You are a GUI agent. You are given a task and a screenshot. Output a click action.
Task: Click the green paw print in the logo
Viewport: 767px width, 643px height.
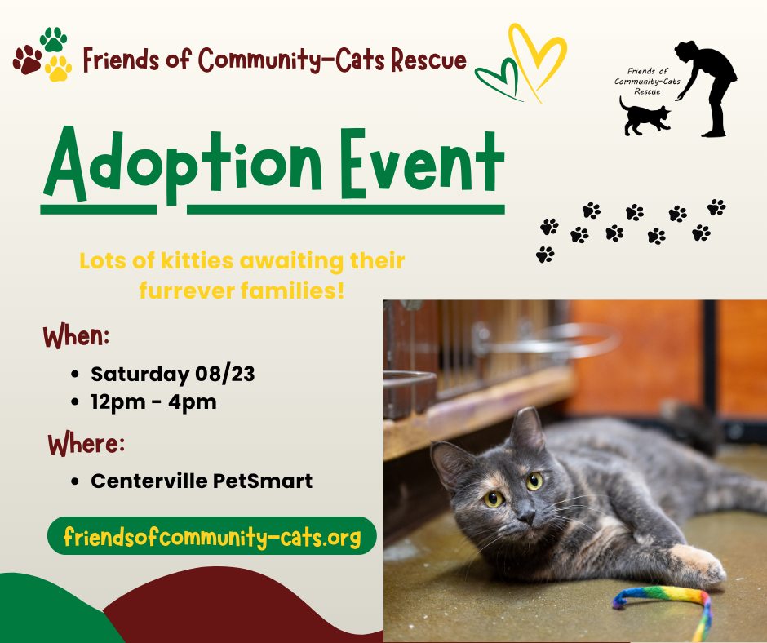(53, 40)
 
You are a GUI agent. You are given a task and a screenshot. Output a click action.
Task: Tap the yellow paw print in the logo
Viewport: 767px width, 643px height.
(58, 69)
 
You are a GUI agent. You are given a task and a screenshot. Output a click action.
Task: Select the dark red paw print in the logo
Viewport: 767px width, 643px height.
(28, 60)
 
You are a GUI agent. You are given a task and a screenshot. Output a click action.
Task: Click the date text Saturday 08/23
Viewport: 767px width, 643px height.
(173, 375)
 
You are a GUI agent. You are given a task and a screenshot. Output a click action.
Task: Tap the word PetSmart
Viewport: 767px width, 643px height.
(263, 481)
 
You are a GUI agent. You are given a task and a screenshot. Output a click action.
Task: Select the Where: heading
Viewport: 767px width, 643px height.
(86, 444)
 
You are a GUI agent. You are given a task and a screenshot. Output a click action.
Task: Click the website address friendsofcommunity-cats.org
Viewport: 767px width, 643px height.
(212, 537)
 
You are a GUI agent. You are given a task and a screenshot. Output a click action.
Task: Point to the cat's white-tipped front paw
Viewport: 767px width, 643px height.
(699, 565)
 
